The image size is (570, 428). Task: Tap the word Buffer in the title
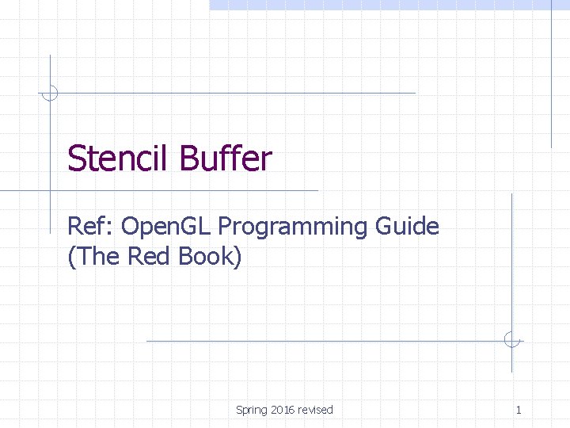pyautogui.click(x=226, y=159)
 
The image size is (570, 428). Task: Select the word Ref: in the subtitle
pyautogui.click(x=91, y=227)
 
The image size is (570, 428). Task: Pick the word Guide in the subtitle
pyautogui.click(x=407, y=227)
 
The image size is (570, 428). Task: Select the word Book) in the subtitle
pyautogui.click(x=210, y=257)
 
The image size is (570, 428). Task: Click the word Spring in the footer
pyautogui.click(x=251, y=410)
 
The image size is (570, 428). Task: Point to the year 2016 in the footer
pyautogui.click(x=283, y=410)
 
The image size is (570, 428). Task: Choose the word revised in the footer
pyautogui.click(x=316, y=410)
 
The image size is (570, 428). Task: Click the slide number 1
pyautogui.click(x=519, y=410)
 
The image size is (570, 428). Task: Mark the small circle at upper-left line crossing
pyautogui.click(x=50, y=93)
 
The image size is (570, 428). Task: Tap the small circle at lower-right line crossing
pyautogui.click(x=512, y=340)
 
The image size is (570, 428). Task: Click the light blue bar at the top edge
pyautogui.click(x=388, y=5)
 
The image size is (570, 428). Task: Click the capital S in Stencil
pyautogui.click(x=76, y=159)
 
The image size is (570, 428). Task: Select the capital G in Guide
pyautogui.click(x=385, y=227)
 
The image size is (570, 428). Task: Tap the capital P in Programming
pyautogui.click(x=226, y=227)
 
